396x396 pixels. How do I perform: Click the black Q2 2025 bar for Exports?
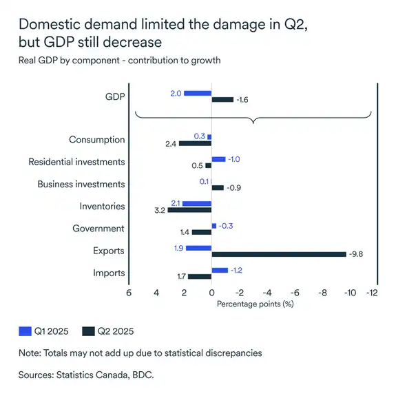pyautogui.click(x=279, y=254)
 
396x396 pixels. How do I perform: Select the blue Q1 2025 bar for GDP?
pyautogui.click(x=197, y=93)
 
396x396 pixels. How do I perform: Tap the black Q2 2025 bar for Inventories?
pyautogui.click(x=189, y=209)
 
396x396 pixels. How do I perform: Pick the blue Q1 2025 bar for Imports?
pyautogui.click(x=220, y=270)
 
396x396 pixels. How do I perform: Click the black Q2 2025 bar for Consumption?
pyautogui.click(x=196, y=143)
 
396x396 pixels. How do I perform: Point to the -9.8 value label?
pyautogui.click(x=356, y=254)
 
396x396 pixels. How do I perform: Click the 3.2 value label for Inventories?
pyautogui.click(x=158, y=210)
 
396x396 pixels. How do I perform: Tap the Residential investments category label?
pyautogui.click(x=76, y=162)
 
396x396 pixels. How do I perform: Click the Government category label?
pyautogui.click(x=99, y=228)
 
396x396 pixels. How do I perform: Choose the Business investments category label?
pyautogui.click(x=81, y=184)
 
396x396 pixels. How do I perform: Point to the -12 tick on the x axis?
pyautogui.click(x=373, y=292)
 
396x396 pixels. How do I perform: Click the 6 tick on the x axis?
pyautogui.click(x=128, y=292)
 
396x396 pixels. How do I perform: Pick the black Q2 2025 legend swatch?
pyautogui.click(x=87, y=331)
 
